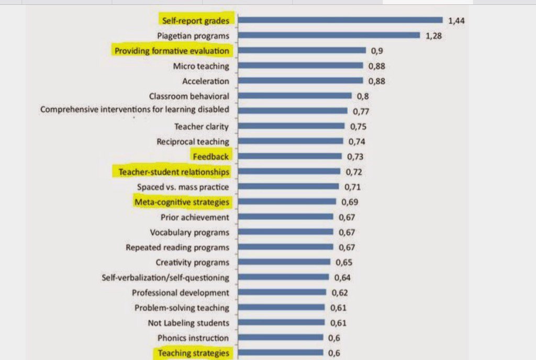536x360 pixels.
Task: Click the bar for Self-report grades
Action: click(x=341, y=20)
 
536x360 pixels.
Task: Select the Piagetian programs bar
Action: click(x=329, y=36)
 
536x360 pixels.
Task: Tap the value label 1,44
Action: click(x=456, y=21)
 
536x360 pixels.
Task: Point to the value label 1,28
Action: click(x=434, y=36)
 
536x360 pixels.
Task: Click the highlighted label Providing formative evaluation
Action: click(x=172, y=51)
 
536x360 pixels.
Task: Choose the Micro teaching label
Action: click(x=201, y=66)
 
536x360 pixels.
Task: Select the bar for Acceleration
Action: click(x=300, y=81)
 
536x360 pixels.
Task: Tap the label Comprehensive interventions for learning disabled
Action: click(x=135, y=109)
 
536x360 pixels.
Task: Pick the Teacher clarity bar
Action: click(x=292, y=126)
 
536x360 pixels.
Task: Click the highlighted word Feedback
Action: click(x=211, y=156)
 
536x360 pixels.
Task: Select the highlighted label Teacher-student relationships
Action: click(x=173, y=172)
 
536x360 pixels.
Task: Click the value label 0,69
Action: click(x=349, y=202)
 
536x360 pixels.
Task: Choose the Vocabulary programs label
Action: click(x=189, y=232)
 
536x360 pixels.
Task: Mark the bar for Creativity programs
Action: click(x=284, y=262)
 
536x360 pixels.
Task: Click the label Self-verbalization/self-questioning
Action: click(x=165, y=277)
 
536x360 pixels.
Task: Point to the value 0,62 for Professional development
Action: click(x=339, y=292)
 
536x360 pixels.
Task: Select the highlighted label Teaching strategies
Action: click(x=194, y=353)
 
